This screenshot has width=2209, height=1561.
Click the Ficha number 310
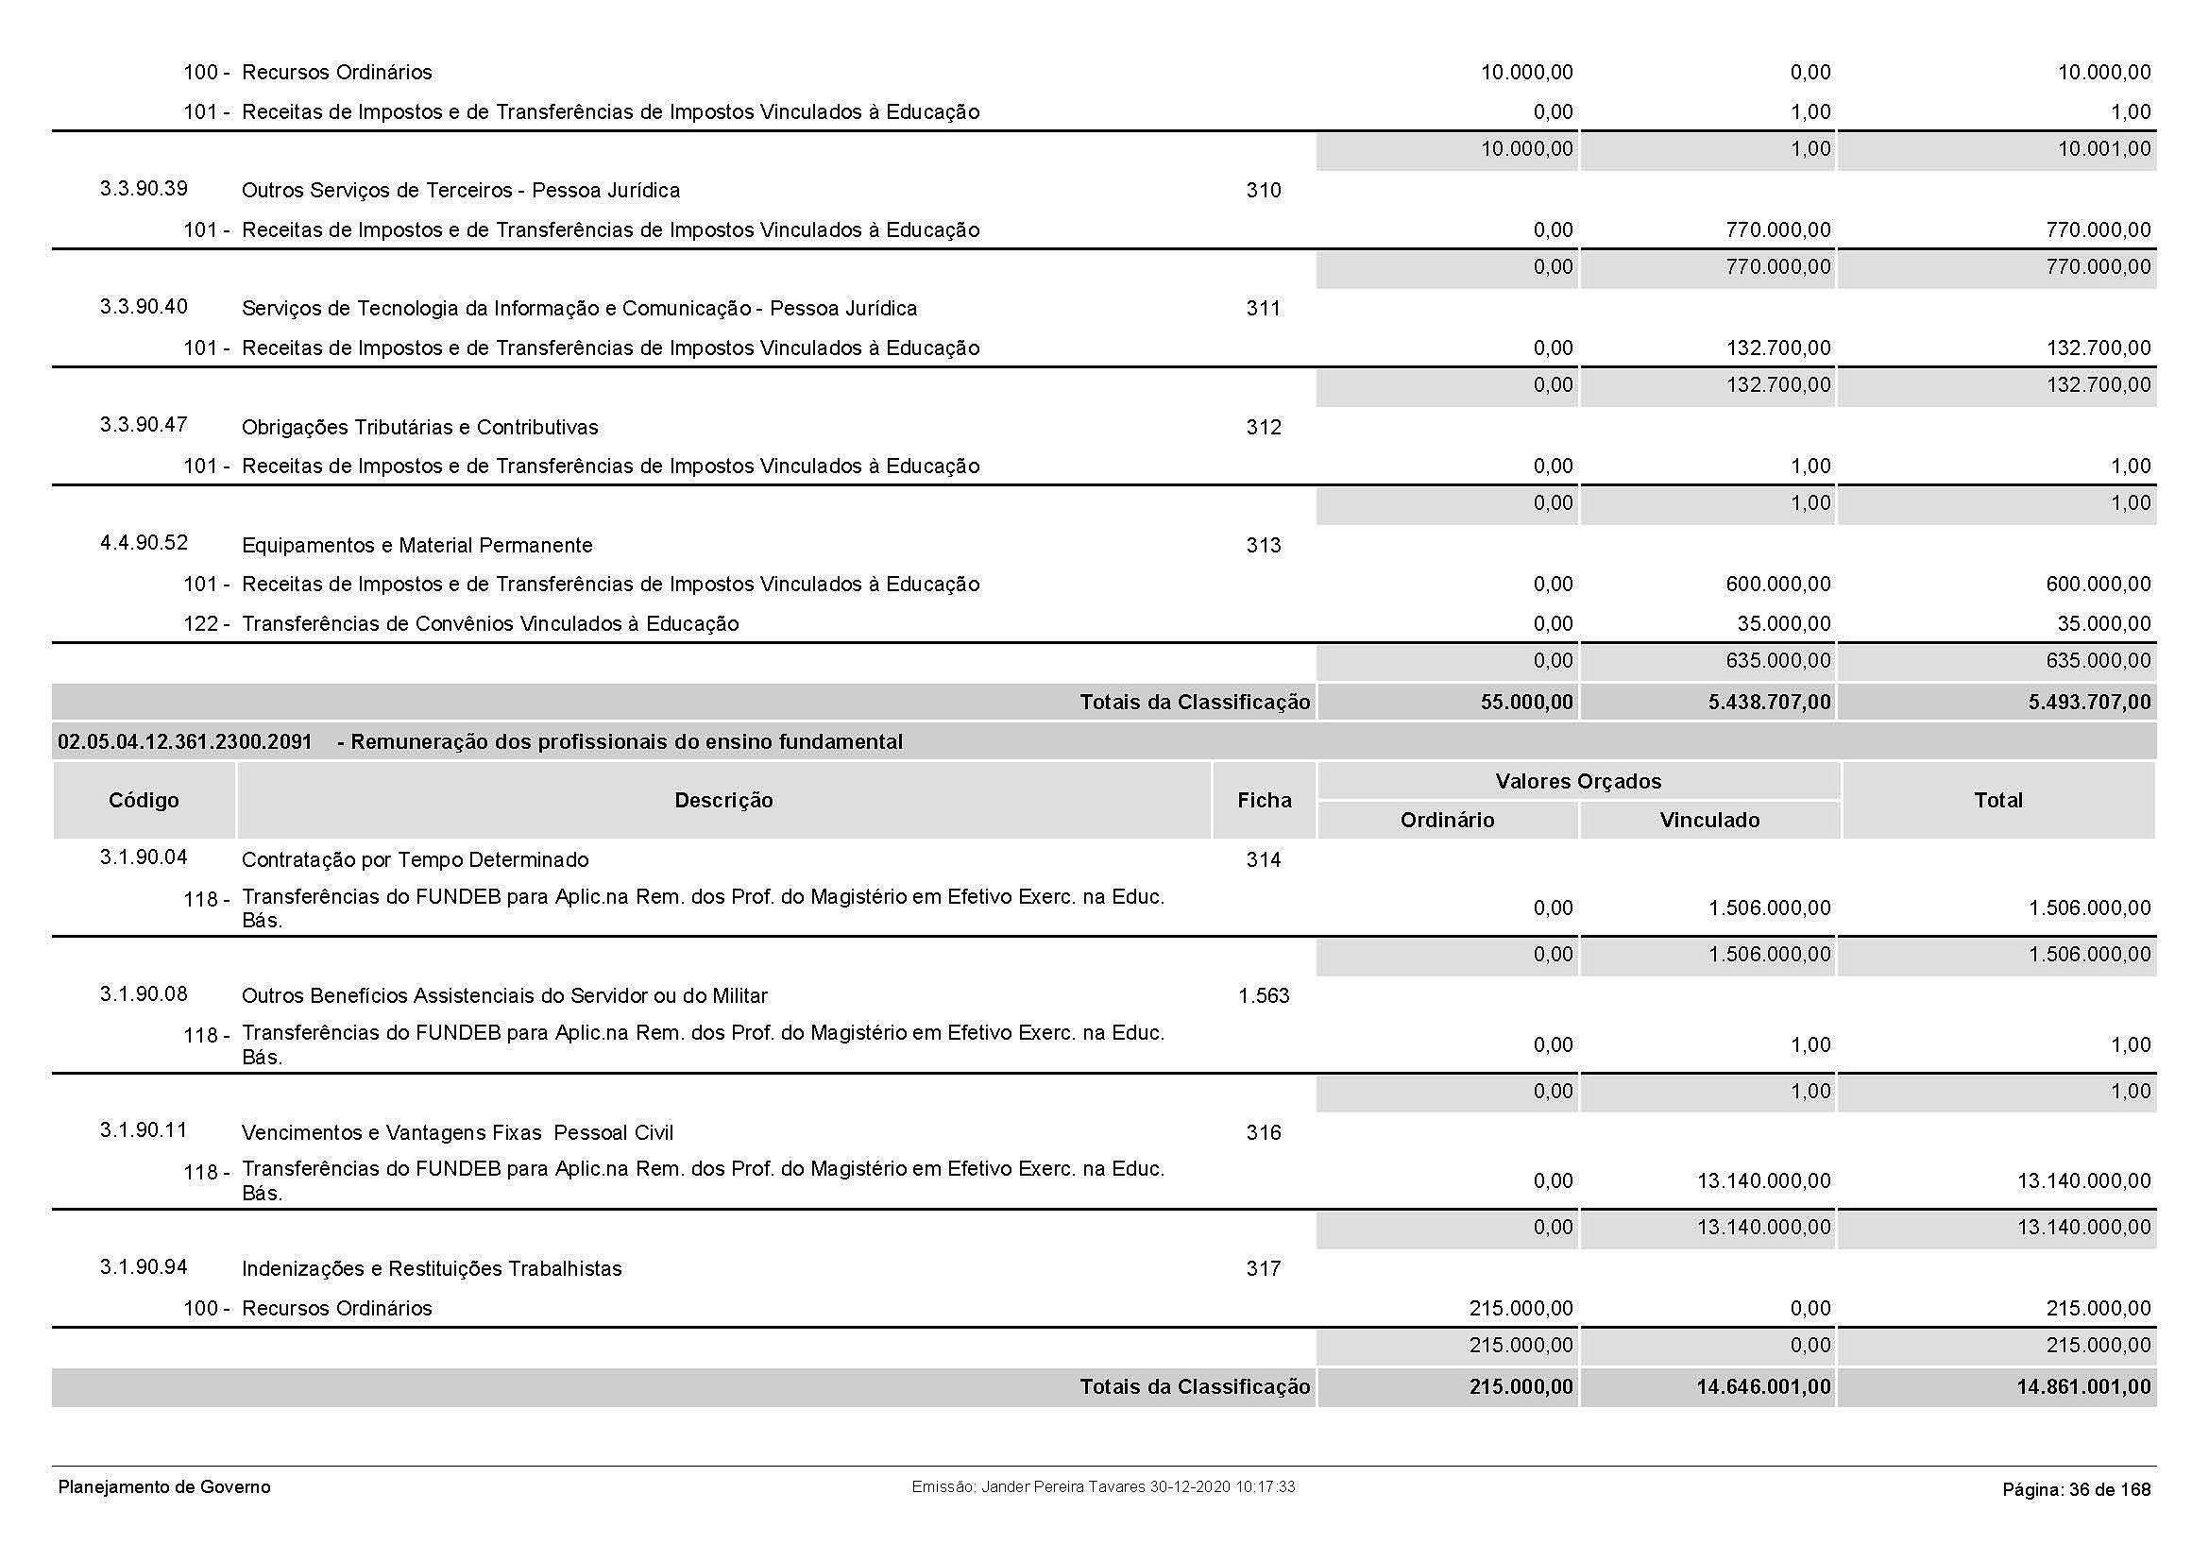coord(1264,191)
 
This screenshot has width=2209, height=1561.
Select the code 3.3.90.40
coord(144,307)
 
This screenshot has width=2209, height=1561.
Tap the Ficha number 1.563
coord(1264,996)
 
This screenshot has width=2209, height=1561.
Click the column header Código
coord(144,800)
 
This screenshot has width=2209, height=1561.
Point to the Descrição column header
coord(723,800)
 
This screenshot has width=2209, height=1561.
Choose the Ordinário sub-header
coord(1447,821)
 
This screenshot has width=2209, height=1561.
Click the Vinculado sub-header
coord(1709,821)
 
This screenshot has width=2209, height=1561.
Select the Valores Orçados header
coord(1578,781)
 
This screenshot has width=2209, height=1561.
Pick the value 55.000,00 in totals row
coord(1527,702)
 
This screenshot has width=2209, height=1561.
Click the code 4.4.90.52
coord(144,542)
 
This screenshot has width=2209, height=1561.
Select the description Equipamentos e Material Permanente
coord(416,545)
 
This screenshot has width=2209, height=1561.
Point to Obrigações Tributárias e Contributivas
coord(419,427)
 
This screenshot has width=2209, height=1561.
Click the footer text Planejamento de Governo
coord(164,1487)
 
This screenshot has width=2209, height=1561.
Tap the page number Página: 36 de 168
coord(2076,1490)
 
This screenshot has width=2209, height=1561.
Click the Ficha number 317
coord(1264,1268)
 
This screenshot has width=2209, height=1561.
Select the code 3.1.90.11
coord(144,1130)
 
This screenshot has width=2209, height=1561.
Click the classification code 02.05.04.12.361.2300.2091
coord(185,741)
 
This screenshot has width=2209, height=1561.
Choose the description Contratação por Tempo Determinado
coord(415,860)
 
